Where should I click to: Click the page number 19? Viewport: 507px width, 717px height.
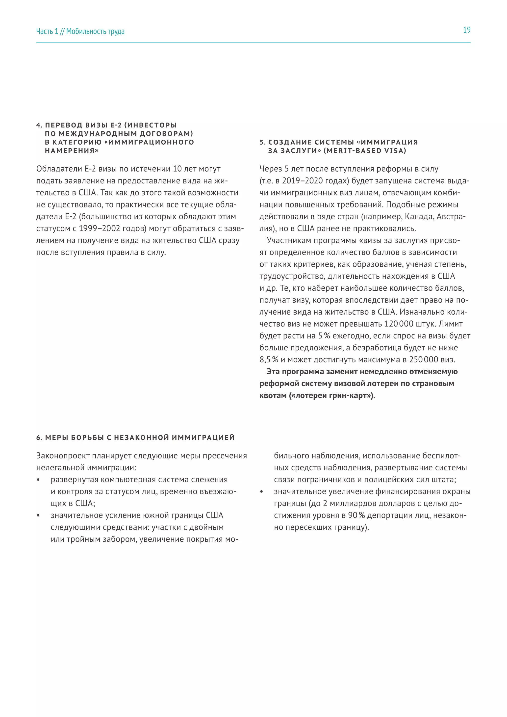[x=466, y=30]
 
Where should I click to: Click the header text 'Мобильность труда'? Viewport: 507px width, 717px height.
[x=95, y=31]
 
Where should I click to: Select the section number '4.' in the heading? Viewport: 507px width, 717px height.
[x=39, y=125]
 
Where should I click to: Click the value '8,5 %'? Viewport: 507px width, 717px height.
[x=269, y=360]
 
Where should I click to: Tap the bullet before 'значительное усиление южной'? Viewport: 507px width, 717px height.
[x=38, y=515]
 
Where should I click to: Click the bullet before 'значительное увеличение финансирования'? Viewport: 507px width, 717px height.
[x=261, y=492]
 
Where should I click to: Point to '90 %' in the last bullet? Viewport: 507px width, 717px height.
[x=356, y=515]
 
